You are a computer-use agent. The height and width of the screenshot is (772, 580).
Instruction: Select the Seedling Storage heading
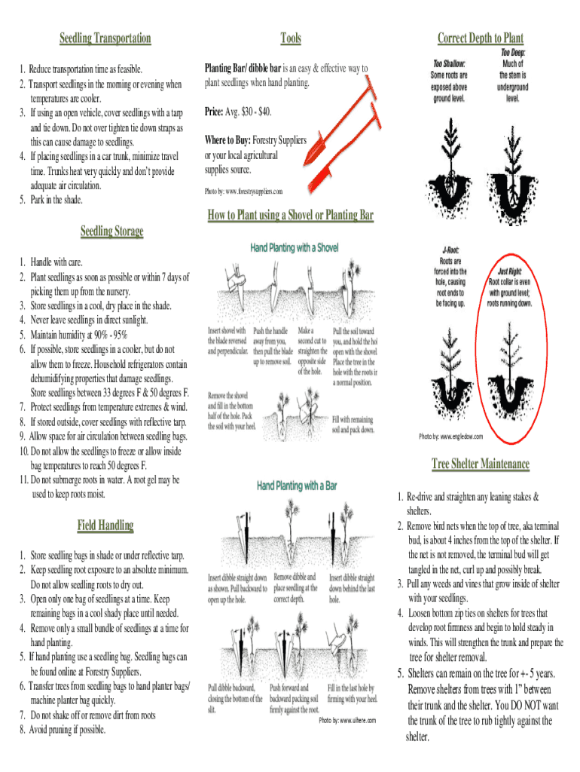click(111, 231)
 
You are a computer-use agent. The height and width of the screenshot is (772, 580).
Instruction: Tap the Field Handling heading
click(105, 525)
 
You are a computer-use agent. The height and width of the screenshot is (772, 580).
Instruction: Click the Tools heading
click(290, 38)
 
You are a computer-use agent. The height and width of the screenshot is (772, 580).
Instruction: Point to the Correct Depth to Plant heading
click(480, 38)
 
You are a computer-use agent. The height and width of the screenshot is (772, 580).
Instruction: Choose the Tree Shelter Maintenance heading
click(480, 463)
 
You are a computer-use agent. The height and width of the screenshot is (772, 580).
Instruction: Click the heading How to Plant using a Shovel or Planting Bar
click(290, 216)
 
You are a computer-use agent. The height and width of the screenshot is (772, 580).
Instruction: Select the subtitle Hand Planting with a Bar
click(297, 486)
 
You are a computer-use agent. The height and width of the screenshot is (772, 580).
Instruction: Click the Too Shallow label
click(449, 63)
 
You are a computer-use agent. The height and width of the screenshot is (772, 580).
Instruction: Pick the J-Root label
click(451, 248)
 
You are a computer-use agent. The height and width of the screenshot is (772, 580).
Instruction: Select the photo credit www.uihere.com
click(346, 721)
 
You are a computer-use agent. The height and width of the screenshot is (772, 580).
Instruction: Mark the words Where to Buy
click(227, 140)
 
